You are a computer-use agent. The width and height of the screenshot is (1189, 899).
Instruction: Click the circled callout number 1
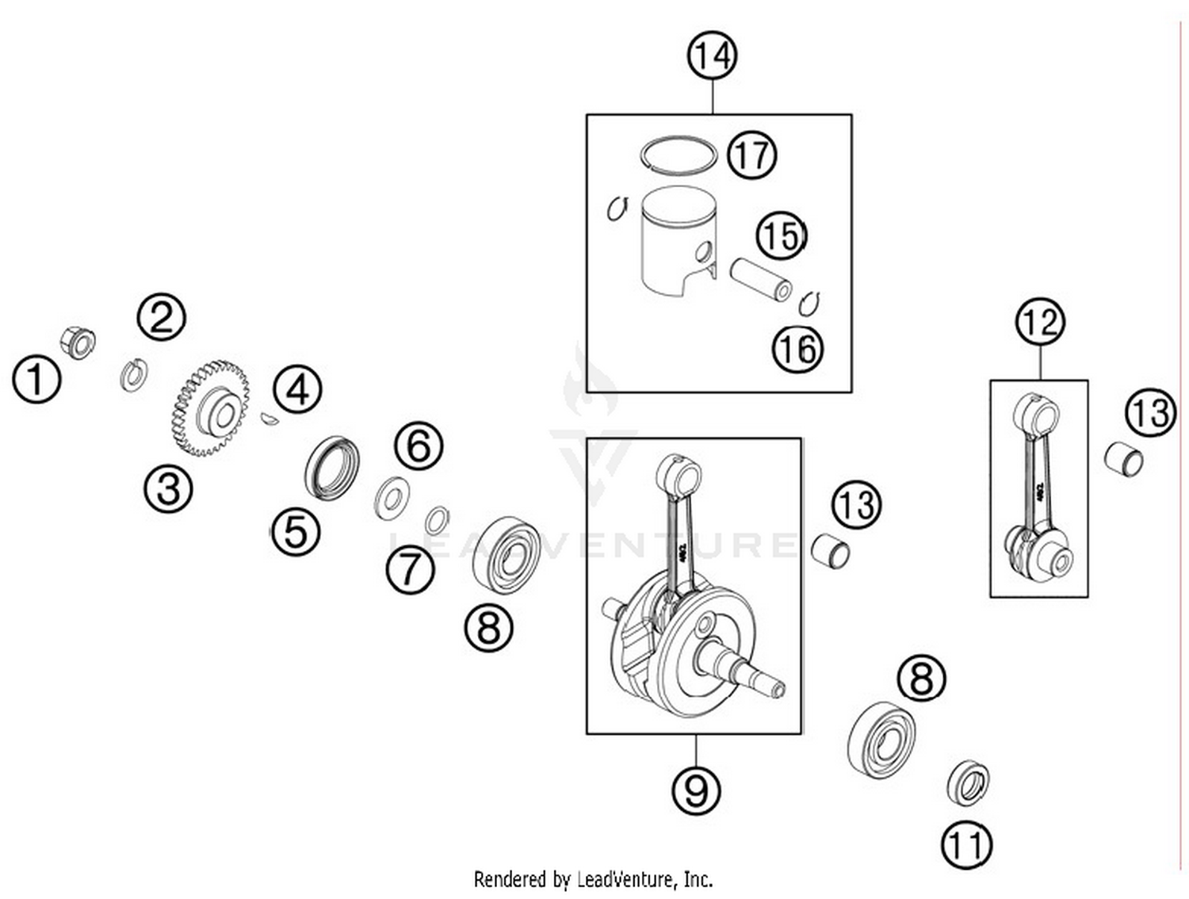click(36, 379)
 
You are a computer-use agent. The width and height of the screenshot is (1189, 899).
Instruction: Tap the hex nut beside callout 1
click(78, 342)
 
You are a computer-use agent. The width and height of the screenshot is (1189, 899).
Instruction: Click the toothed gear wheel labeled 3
click(211, 408)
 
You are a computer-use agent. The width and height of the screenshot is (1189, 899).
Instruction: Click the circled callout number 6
click(419, 446)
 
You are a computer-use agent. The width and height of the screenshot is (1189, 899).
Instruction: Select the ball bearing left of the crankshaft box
click(506, 554)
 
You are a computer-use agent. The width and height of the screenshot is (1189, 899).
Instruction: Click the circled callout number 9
click(696, 790)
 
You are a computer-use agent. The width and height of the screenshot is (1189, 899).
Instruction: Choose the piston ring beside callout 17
click(678, 154)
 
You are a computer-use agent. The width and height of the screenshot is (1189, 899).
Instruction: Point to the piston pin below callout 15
click(762, 279)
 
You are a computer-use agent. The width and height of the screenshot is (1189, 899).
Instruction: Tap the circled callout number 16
click(797, 349)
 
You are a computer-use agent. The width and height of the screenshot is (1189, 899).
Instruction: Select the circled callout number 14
click(712, 56)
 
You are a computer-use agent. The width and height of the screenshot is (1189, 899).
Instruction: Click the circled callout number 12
click(1040, 322)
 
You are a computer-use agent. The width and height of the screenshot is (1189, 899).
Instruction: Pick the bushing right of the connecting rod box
click(1124, 459)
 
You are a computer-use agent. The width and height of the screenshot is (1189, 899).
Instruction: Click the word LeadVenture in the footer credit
click(627, 879)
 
